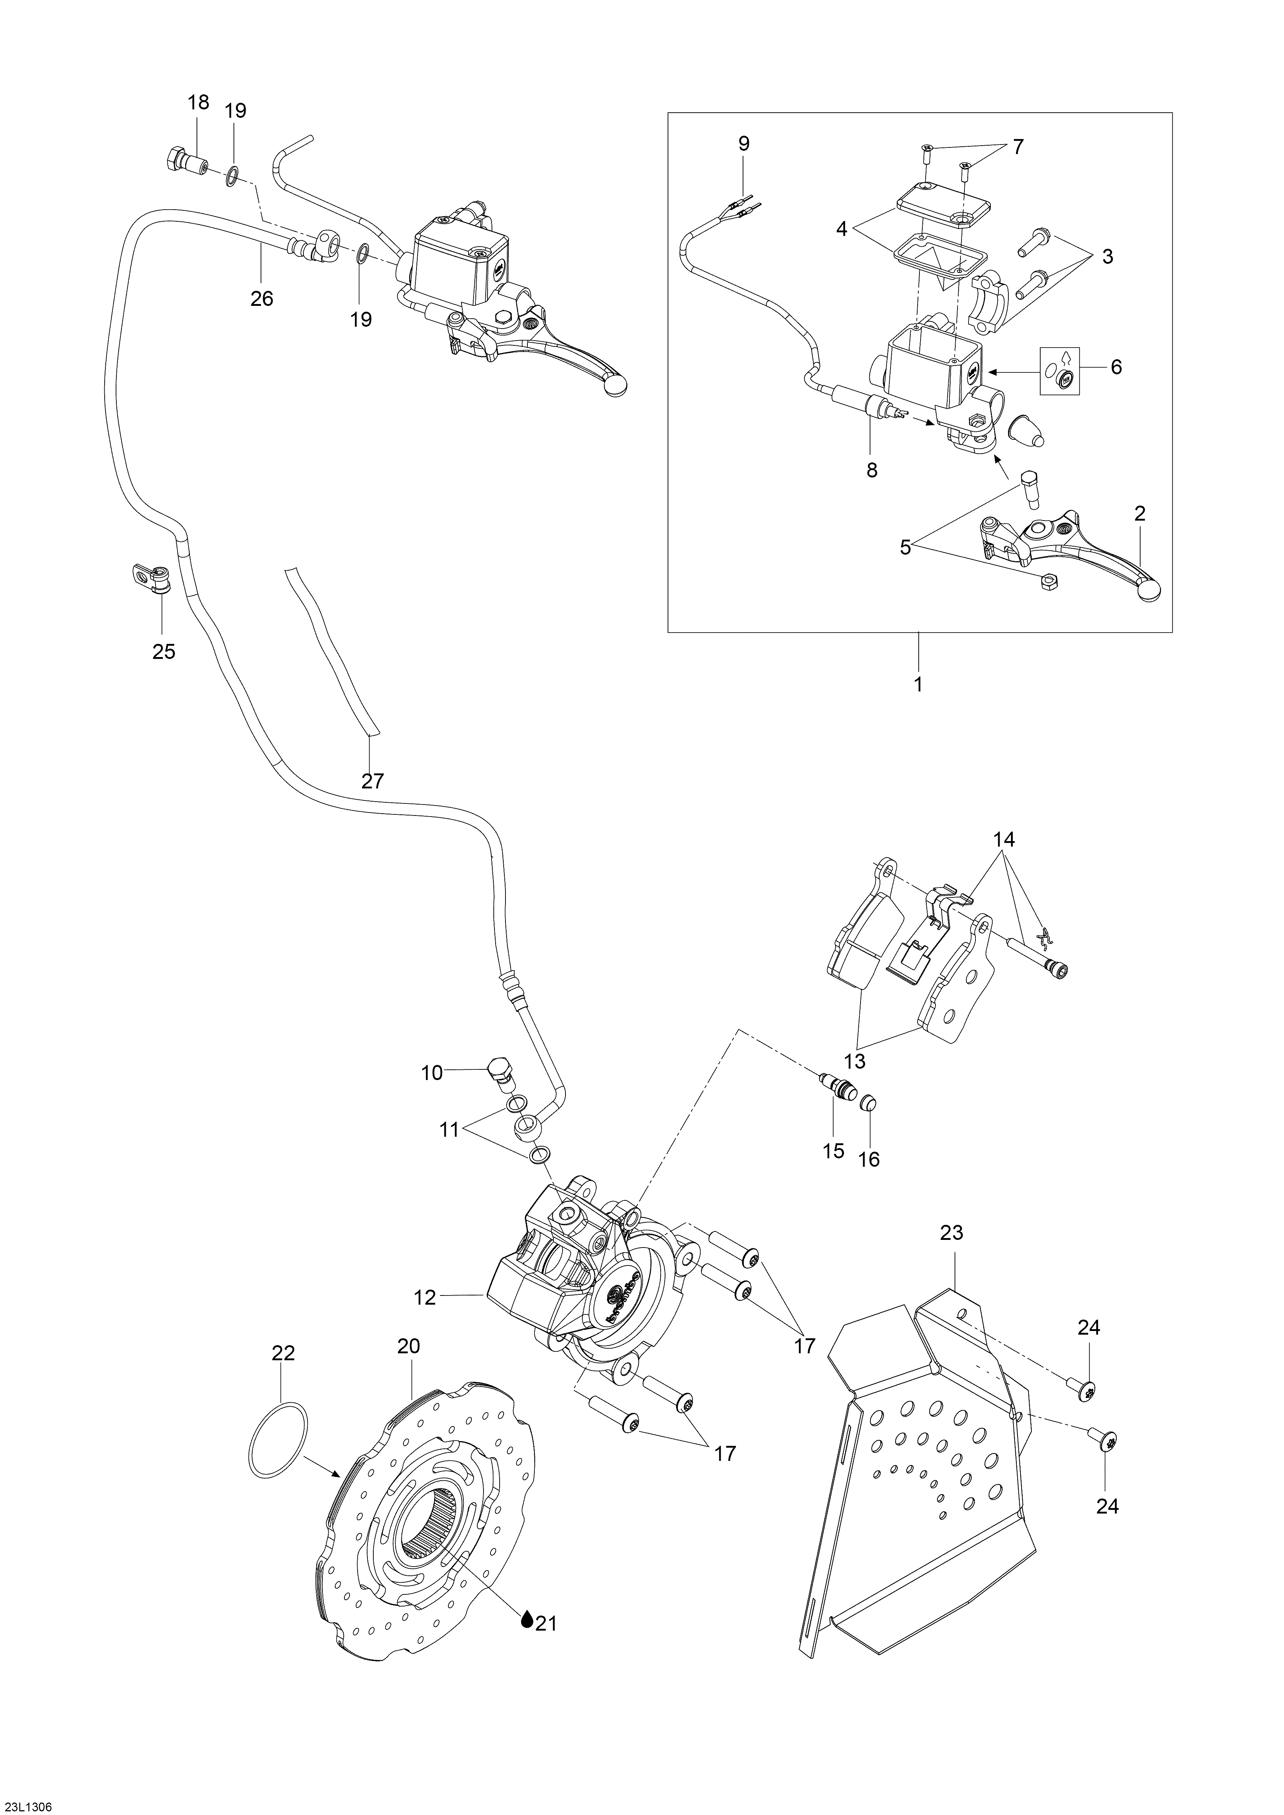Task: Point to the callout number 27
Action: click(372, 781)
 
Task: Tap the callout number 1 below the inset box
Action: click(919, 684)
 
